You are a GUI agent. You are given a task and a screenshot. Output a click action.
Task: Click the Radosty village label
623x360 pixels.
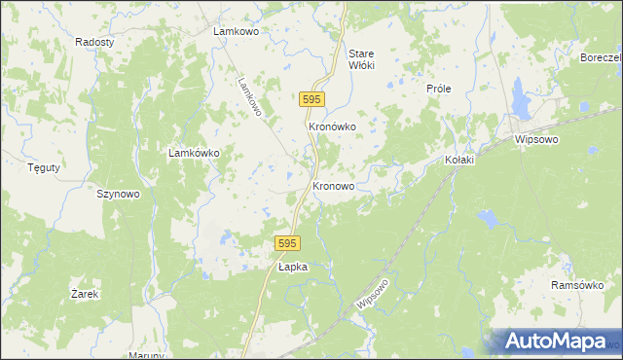(94, 43)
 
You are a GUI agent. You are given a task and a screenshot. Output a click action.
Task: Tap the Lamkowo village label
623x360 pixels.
(235, 31)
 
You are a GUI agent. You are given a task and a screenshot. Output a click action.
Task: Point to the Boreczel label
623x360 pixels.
(601, 57)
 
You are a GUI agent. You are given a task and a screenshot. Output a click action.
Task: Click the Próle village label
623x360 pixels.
(438, 88)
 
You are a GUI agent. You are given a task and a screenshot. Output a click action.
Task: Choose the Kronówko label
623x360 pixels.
(332, 126)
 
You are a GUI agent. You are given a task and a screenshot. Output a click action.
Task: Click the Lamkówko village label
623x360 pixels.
(195, 153)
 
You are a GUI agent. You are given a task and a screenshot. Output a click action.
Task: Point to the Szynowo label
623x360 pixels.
(119, 194)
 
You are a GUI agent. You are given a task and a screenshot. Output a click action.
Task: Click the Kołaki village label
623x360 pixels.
(458, 160)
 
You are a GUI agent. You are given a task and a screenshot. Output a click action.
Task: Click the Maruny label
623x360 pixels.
(146, 355)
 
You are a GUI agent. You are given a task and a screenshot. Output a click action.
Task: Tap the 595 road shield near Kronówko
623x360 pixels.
(311, 99)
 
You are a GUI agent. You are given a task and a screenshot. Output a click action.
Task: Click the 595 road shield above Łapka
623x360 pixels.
(285, 243)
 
